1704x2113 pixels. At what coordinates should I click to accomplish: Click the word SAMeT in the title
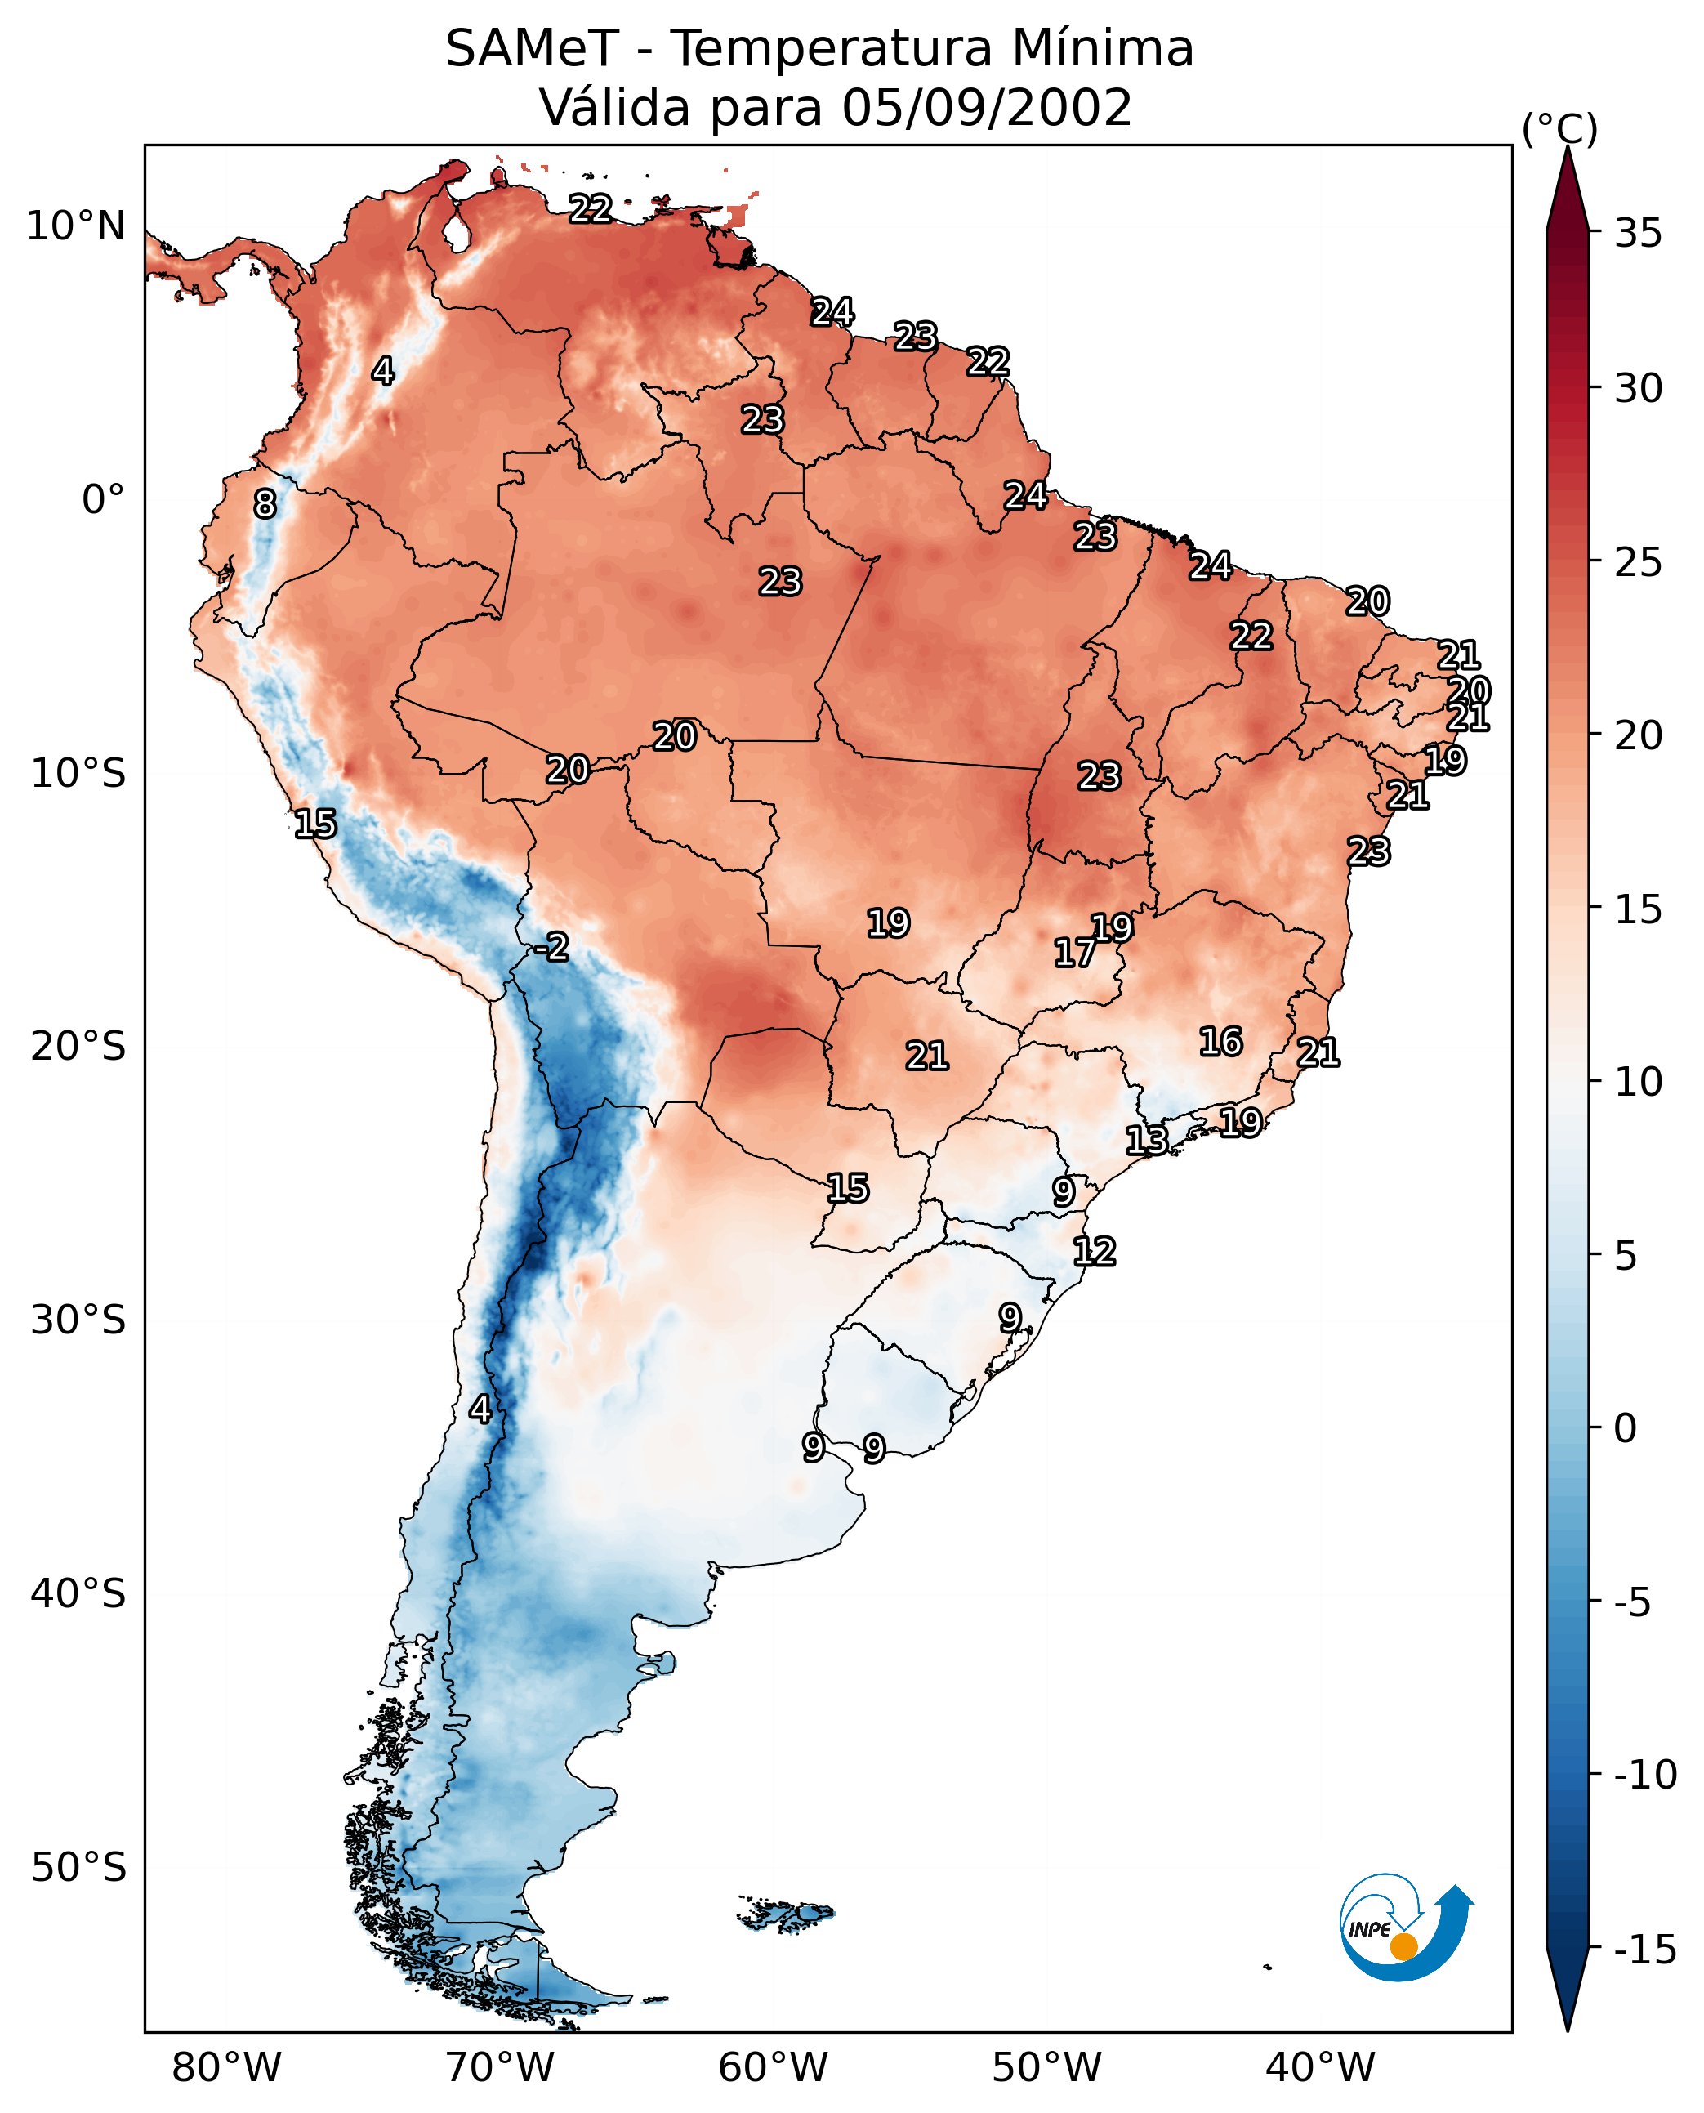tap(532, 49)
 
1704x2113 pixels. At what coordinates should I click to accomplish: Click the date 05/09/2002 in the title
tap(987, 108)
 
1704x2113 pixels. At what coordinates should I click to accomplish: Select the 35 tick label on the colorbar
tap(1638, 234)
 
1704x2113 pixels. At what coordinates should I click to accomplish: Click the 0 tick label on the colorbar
tap(1626, 1427)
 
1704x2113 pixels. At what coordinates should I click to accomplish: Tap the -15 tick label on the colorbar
tap(1646, 1949)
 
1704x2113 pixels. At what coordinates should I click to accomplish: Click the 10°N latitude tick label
tap(77, 227)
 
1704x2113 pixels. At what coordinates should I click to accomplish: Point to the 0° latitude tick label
tap(103, 500)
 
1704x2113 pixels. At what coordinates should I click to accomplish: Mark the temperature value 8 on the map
tap(265, 505)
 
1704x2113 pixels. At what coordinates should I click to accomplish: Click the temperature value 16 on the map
tap(1221, 1042)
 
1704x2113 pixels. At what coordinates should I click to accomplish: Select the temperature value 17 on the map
tap(1075, 953)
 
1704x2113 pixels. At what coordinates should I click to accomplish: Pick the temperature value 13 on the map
tap(1146, 1141)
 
